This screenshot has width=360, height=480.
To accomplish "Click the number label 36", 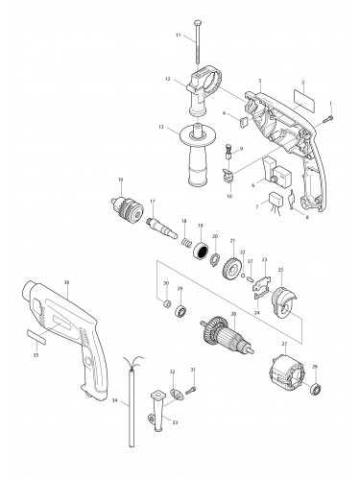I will pos(66,282).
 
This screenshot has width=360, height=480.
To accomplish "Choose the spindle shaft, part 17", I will pos(158,226).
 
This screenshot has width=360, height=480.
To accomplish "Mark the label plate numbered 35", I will pos(44,338).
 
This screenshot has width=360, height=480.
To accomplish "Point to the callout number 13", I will pos(162,128).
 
